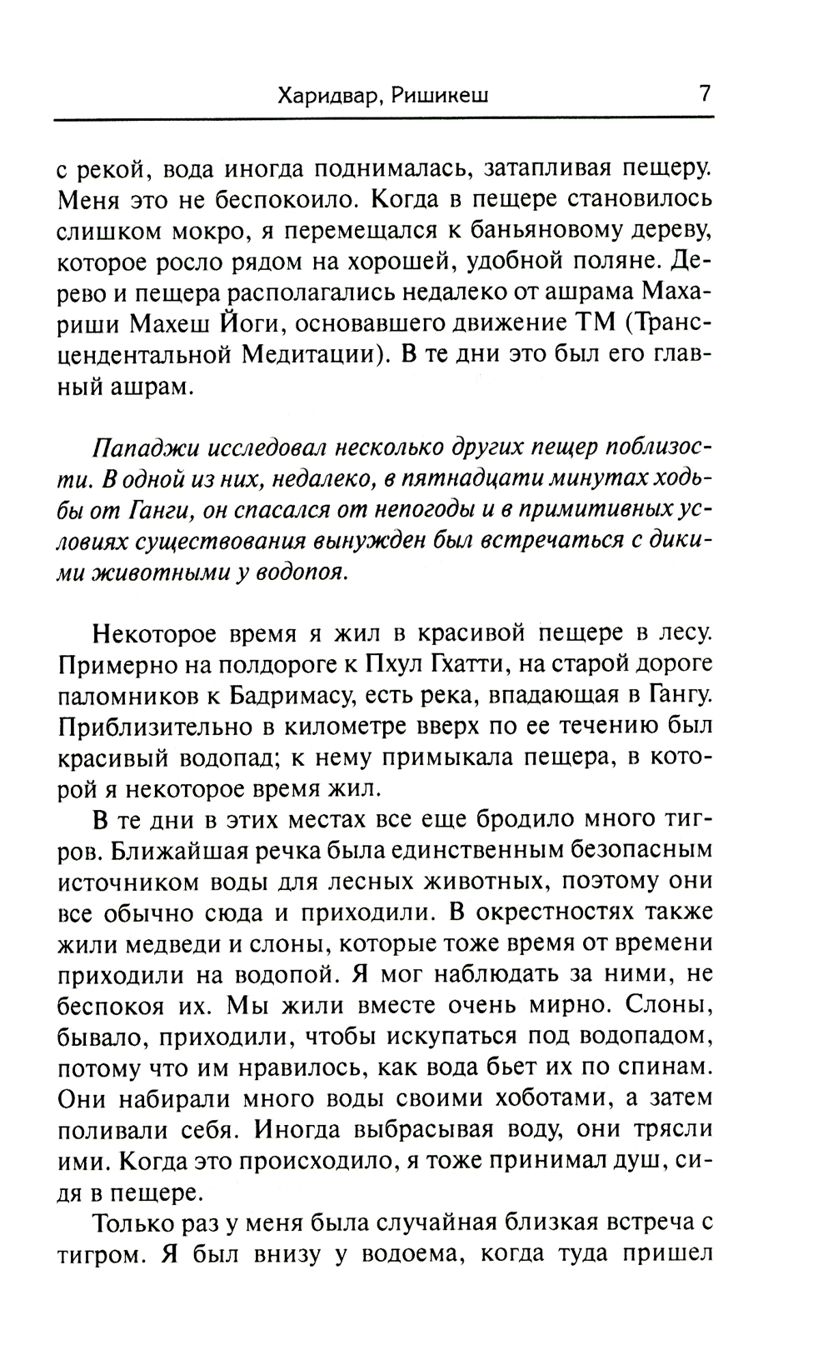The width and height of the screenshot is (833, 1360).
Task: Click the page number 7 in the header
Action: (x=705, y=93)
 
